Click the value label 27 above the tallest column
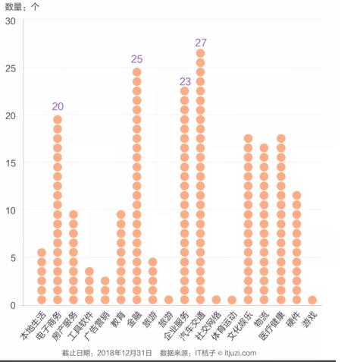201,42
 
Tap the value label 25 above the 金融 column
136,59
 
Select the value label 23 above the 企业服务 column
185,81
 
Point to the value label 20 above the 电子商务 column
58,106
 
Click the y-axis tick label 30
11,20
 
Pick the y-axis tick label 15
11,163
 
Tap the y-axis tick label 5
13,258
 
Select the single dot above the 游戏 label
312,300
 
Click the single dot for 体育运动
232,300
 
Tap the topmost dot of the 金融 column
137,73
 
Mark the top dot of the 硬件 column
296,196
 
